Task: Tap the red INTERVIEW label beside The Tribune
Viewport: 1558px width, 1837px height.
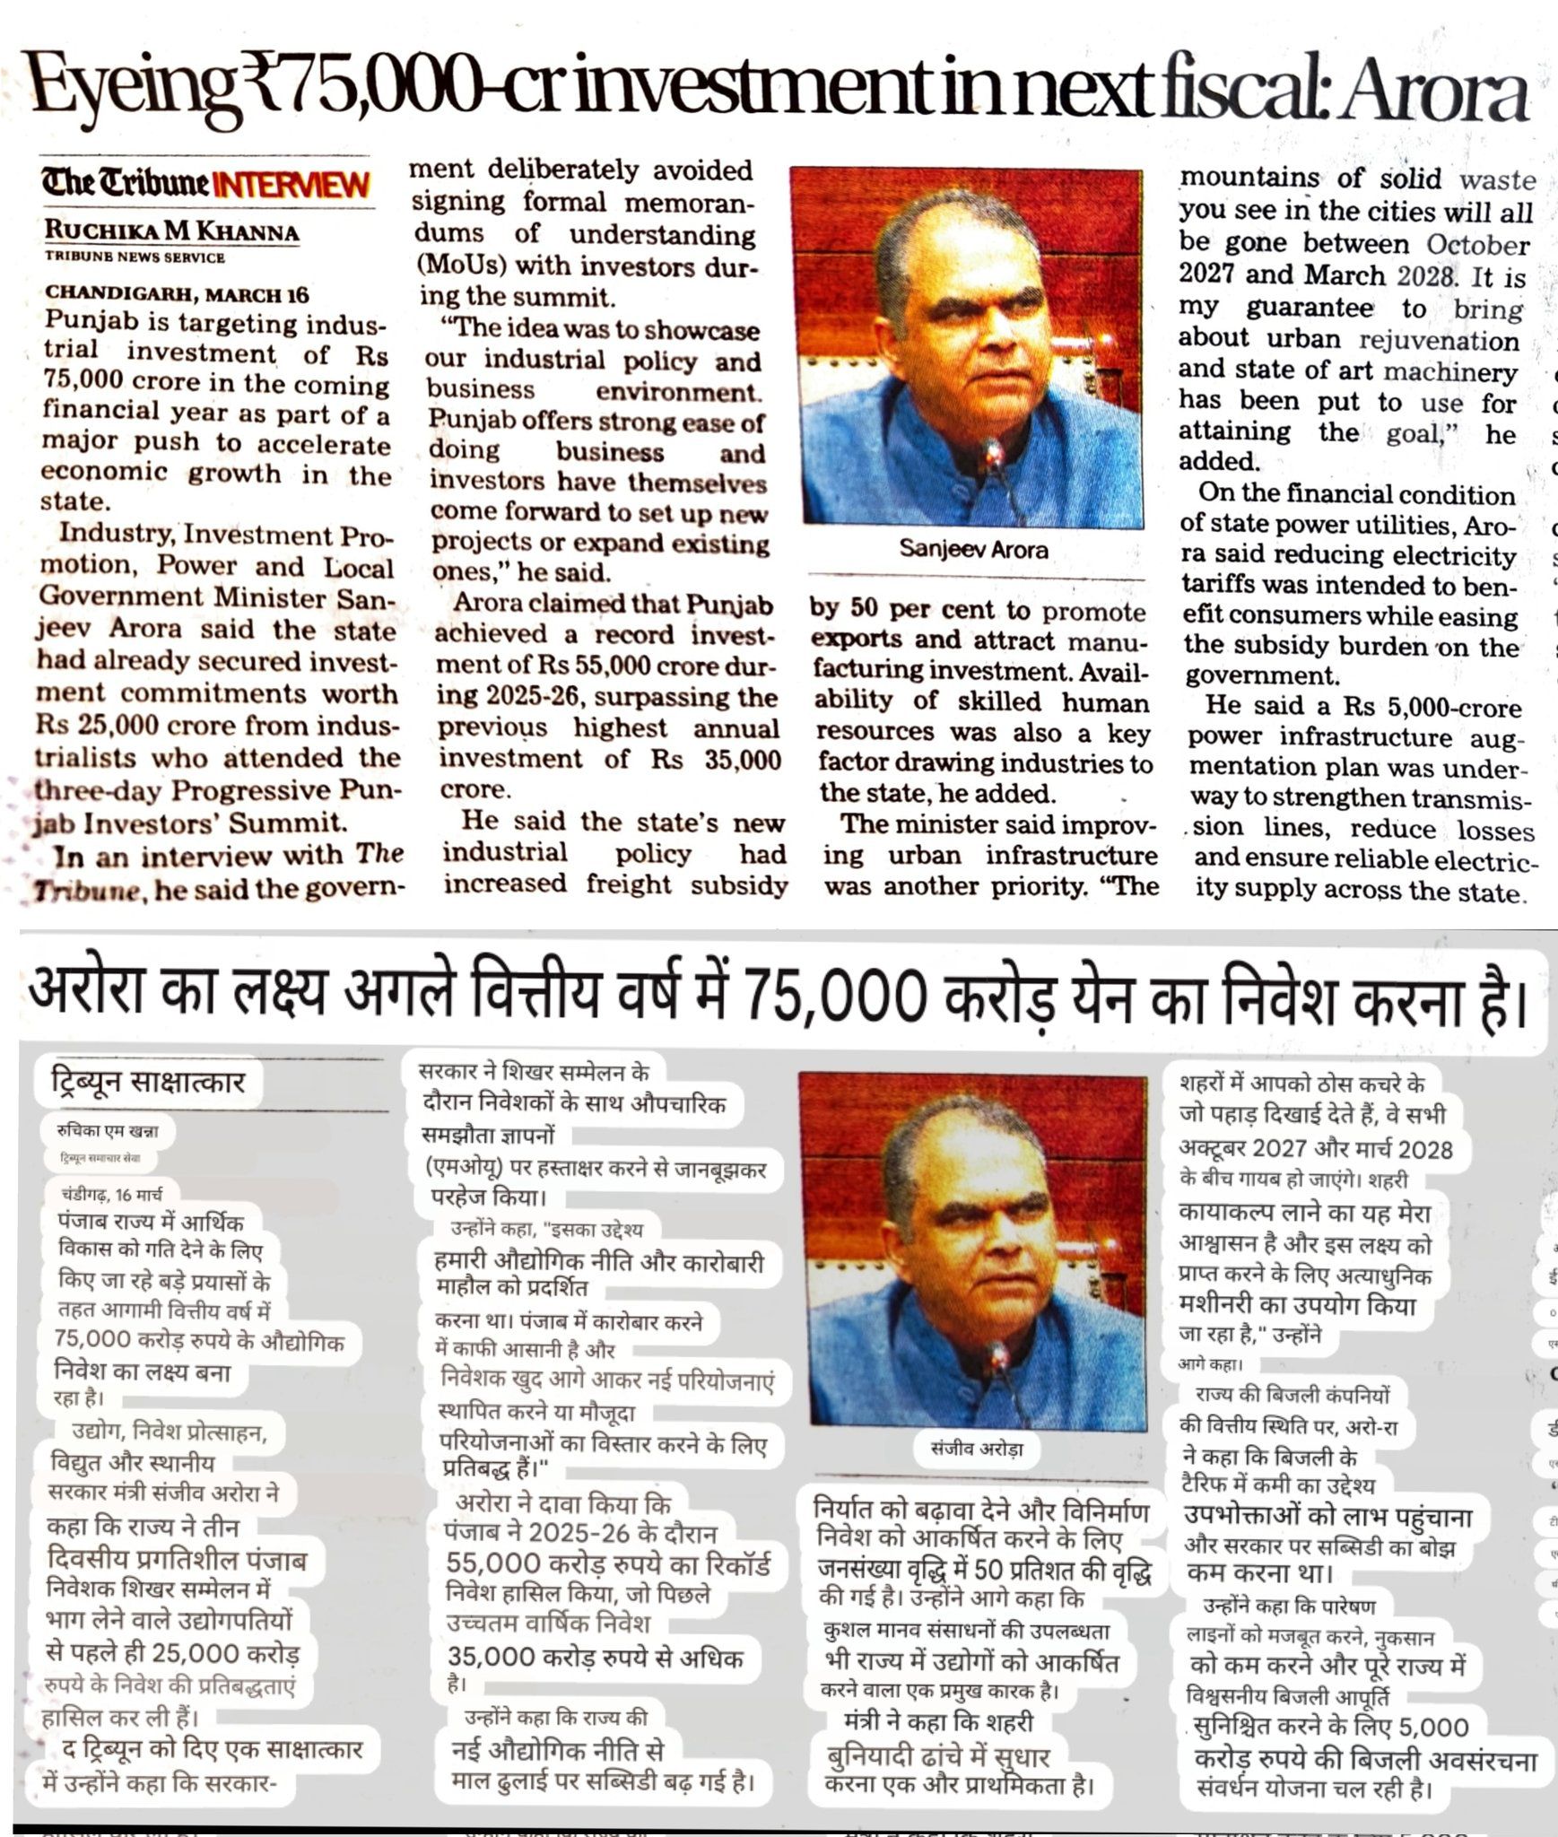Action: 295,185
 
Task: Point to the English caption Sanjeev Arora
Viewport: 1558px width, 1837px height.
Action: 972,549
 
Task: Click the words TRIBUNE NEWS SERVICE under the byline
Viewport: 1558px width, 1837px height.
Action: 135,257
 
